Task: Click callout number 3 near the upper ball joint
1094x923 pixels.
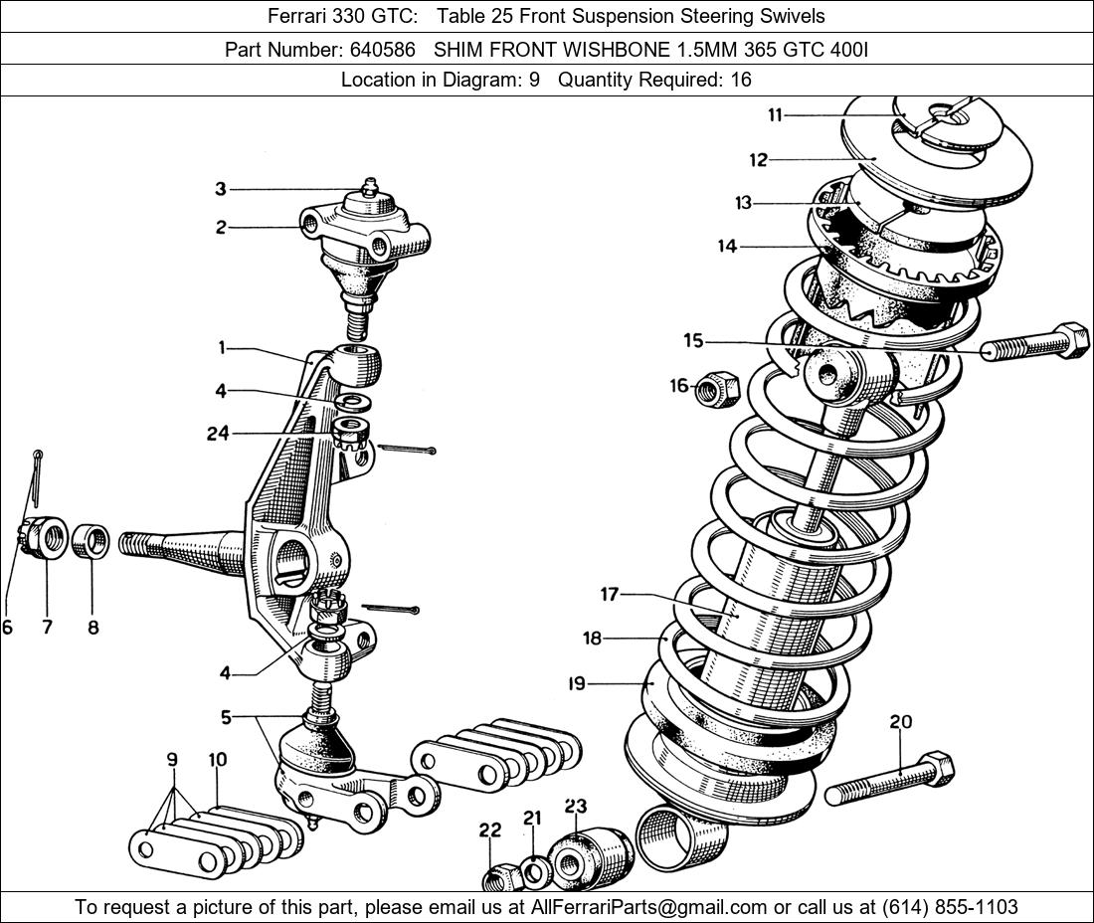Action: (221, 189)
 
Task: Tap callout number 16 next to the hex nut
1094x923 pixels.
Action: (679, 386)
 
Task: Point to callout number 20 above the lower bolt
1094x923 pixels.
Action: (900, 722)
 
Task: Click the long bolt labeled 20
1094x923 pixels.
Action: (889, 779)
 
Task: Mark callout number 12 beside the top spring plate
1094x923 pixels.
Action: (759, 159)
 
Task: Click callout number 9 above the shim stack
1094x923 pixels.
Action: (172, 760)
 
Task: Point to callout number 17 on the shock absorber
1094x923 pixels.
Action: (609, 595)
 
